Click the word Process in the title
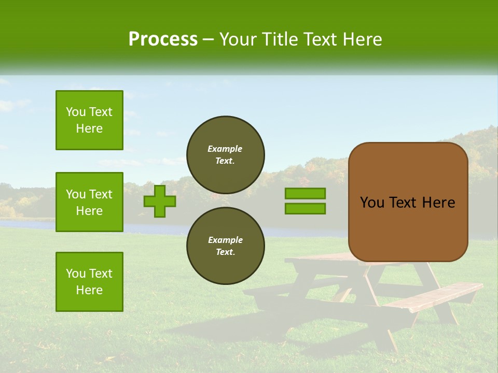(x=163, y=39)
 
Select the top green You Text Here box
(x=89, y=120)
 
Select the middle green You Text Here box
(x=89, y=202)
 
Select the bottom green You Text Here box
(x=89, y=282)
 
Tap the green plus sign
(x=160, y=201)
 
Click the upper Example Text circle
(x=226, y=155)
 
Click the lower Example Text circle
(x=226, y=246)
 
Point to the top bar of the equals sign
(x=305, y=194)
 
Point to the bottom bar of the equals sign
(x=305, y=209)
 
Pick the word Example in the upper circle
(x=225, y=149)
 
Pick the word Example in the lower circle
(x=225, y=240)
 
